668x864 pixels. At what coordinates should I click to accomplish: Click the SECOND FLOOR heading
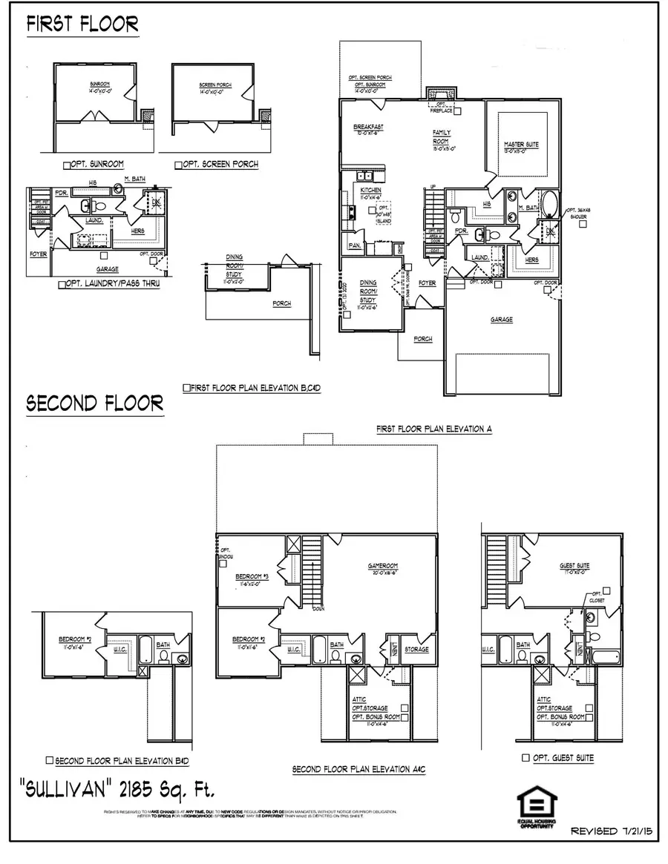94,403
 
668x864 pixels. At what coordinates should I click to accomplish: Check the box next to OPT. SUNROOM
67,165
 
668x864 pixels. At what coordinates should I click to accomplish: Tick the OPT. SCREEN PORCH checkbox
179,165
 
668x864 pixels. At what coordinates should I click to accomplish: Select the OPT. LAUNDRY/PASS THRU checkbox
61,284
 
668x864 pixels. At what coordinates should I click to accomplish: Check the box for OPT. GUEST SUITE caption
525,758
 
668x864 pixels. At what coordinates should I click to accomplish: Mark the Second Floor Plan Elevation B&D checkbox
50,760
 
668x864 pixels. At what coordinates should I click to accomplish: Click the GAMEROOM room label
384,565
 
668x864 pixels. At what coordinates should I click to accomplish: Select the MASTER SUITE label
521,145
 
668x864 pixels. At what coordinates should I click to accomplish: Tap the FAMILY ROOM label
442,136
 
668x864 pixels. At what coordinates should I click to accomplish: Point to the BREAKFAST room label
368,128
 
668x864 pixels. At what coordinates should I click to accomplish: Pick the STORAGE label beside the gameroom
416,649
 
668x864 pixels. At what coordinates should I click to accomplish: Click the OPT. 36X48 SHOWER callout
579,214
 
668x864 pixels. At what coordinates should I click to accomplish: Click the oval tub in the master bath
549,203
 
